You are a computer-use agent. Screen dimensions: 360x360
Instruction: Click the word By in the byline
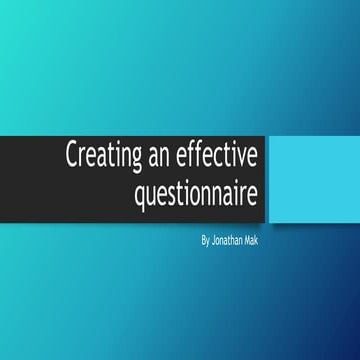pyautogui.click(x=207, y=241)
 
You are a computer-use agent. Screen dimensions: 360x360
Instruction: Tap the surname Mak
pyautogui.click(x=258, y=241)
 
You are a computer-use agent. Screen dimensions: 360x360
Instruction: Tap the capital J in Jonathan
pyautogui.click(x=215, y=241)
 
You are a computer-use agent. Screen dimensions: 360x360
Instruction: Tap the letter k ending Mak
pyautogui.click(x=263, y=241)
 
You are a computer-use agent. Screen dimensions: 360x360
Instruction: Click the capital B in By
pyautogui.click(x=204, y=241)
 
